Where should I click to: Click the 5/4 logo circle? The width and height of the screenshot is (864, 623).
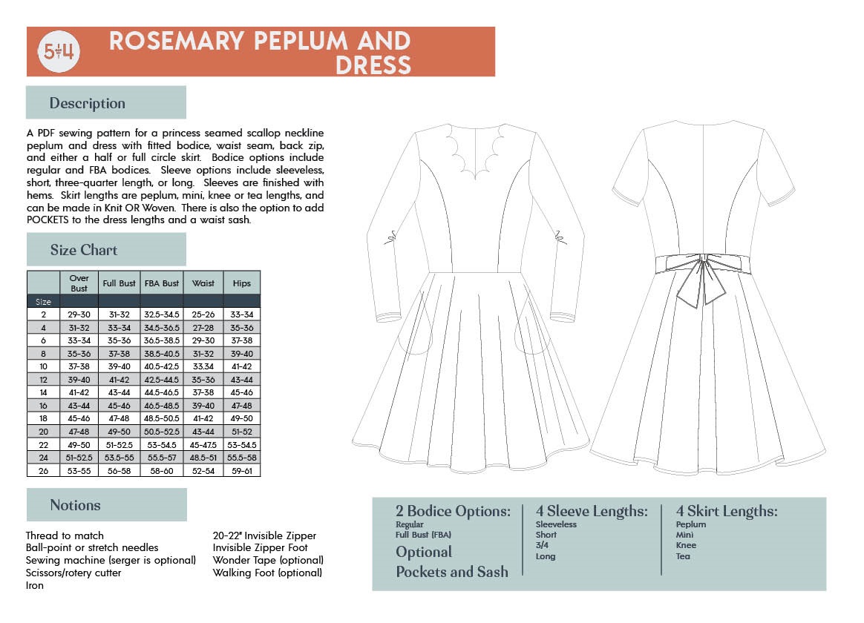[59, 53]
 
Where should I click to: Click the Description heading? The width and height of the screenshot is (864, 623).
[88, 103]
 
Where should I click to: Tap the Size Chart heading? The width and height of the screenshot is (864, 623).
[84, 250]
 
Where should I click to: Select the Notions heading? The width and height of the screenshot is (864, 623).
[75, 505]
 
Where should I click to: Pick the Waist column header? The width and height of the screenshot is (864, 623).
[203, 283]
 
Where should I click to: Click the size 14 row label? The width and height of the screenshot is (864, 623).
[43, 392]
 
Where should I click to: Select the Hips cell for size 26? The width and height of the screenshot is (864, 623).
[241, 470]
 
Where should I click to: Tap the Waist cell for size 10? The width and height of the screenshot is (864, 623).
[203, 366]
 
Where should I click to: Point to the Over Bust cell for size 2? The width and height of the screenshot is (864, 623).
[79, 314]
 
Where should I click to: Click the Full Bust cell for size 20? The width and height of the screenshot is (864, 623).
[120, 431]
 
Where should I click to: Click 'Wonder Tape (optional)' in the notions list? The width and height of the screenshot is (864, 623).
[268, 560]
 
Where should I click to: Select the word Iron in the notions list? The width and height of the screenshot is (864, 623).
[35, 585]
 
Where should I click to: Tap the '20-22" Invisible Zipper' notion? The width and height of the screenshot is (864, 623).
[264, 535]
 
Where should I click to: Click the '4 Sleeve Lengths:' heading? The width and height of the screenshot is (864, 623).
[592, 512]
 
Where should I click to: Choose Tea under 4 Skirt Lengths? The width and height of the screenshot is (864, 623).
[683, 556]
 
